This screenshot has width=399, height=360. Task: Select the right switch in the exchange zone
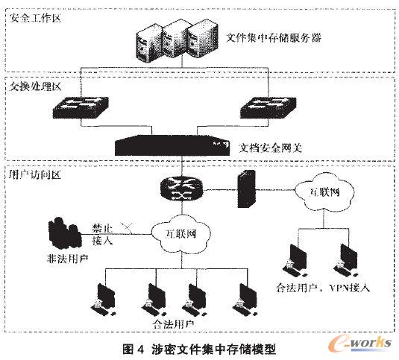click(270, 108)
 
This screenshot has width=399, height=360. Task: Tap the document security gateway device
click(173, 144)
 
